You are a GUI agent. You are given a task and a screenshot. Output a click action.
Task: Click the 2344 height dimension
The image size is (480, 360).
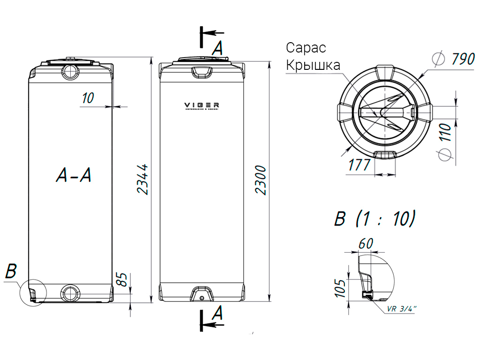coord(142,180)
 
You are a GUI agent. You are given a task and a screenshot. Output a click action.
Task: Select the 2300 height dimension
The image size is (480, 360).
coord(261,180)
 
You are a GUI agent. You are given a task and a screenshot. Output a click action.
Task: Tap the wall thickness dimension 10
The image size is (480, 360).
coord(88,98)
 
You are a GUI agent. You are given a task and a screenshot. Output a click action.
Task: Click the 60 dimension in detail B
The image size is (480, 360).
coord(365,244)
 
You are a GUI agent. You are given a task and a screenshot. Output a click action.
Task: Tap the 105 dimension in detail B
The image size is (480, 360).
coord(341,287)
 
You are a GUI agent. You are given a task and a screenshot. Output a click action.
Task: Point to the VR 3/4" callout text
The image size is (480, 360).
coord(402,309)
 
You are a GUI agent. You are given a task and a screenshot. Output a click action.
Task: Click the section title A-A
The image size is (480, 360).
coord(73,175)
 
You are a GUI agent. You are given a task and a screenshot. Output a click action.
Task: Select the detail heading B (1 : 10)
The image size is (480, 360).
coord(375,219)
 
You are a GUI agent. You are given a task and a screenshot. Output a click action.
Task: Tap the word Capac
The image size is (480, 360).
coord(306,48)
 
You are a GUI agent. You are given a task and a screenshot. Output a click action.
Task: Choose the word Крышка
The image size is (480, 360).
coord(313,65)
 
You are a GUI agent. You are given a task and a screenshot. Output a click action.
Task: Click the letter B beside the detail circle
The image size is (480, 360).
coord(11,271)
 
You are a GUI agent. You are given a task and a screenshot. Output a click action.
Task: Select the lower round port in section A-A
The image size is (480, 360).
coord(71,292)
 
